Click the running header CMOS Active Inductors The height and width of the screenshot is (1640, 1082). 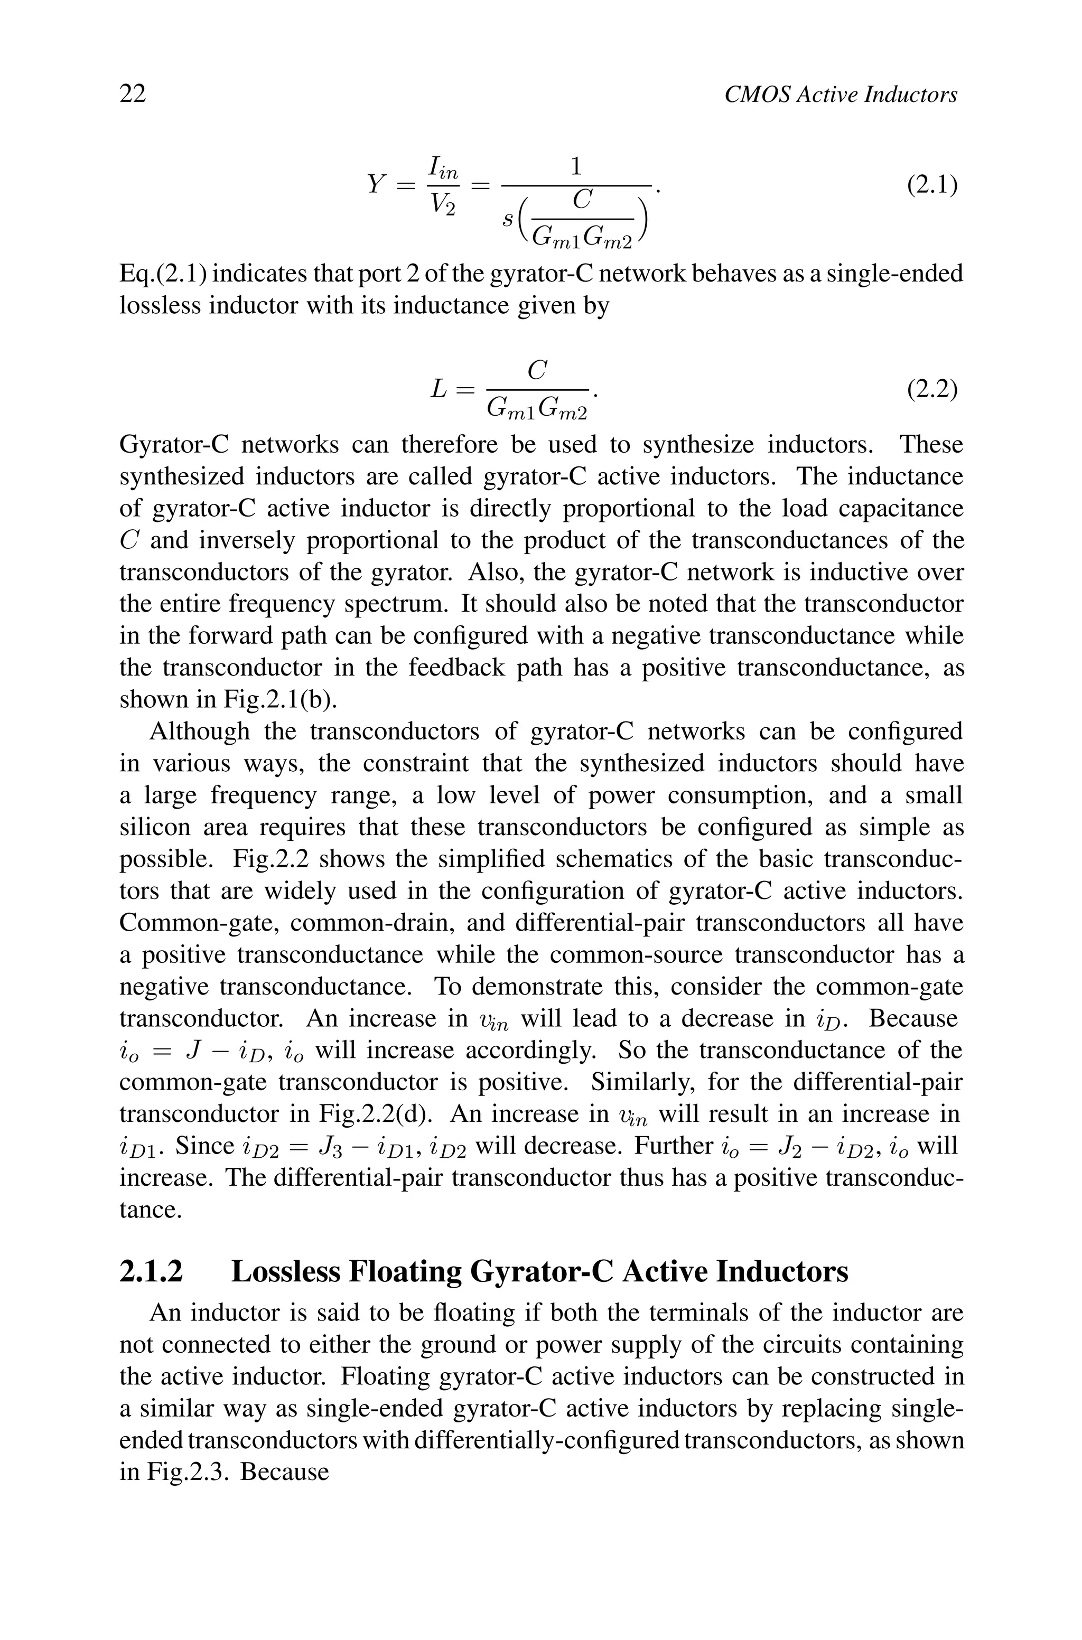[841, 95]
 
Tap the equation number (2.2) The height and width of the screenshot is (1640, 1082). [931, 390]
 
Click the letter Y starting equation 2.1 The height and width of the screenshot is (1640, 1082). [376, 185]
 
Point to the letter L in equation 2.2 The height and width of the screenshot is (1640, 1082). [440, 390]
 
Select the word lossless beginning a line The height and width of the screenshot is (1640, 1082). [160, 305]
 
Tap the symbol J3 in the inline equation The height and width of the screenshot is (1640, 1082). [327, 1147]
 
